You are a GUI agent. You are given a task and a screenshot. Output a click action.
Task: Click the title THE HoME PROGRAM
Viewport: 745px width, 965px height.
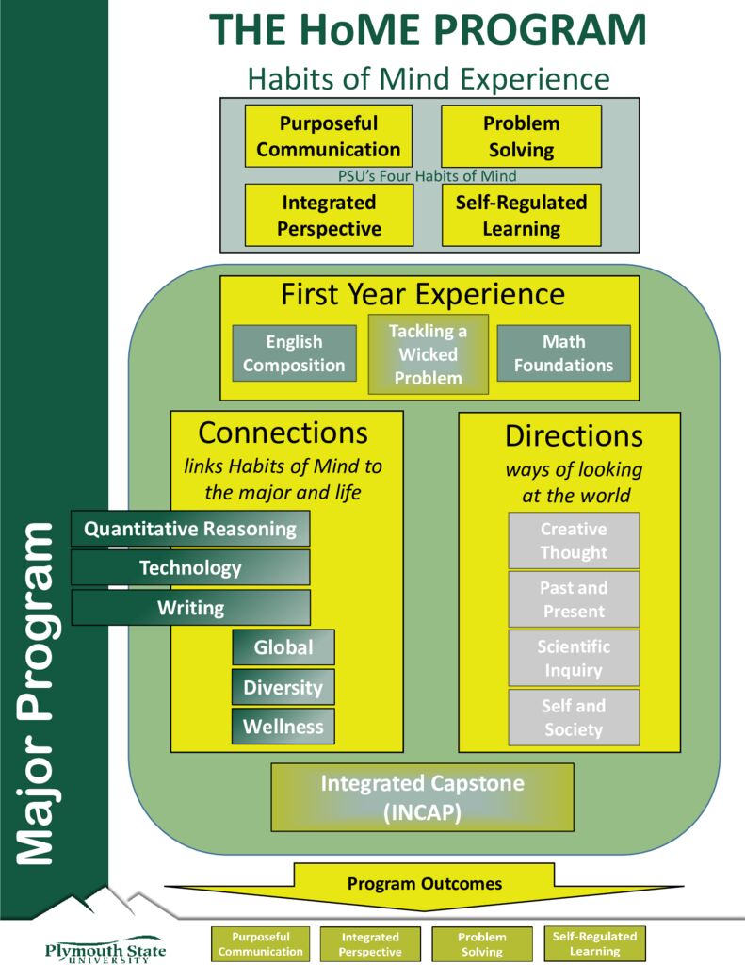[427, 31]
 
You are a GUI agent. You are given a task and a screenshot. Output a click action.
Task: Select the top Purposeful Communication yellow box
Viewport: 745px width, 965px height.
[328, 136]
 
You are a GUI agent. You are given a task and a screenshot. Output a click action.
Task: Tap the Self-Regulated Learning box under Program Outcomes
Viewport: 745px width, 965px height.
[594, 943]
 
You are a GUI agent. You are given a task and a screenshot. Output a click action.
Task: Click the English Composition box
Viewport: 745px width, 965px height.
[294, 353]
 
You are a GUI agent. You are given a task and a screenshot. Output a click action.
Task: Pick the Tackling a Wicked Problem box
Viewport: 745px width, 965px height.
[428, 354]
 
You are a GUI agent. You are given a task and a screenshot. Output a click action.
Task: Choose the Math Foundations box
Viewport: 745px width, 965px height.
[563, 353]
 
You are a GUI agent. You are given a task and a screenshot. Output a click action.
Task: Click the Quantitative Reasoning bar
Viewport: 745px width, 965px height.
[190, 529]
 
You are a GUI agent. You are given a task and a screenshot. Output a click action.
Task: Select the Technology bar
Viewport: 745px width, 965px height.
[190, 567]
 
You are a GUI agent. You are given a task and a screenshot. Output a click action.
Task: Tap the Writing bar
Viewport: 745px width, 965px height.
[190, 608]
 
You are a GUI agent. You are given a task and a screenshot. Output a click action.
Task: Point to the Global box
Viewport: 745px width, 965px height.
[283, 647]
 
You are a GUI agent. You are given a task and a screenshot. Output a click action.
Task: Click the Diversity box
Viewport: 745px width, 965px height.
[283, 687]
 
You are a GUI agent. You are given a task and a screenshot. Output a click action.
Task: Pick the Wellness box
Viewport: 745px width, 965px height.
[283, 727]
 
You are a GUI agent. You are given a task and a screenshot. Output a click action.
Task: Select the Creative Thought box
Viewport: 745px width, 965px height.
[574, 541]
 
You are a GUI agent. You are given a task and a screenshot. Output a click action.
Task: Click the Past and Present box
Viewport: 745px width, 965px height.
[574, 599]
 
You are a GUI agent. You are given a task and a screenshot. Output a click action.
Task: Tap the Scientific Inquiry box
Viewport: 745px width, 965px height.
[574, 659]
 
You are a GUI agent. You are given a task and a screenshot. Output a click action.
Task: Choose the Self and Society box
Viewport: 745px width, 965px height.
[574, 717]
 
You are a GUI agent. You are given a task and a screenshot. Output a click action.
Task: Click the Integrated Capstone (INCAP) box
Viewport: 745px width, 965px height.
[422, 797]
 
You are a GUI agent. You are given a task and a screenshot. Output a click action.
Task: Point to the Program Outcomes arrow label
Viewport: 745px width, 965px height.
[425, 884]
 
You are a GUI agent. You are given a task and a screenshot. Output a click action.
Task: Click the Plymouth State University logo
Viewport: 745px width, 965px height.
[105, 945]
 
